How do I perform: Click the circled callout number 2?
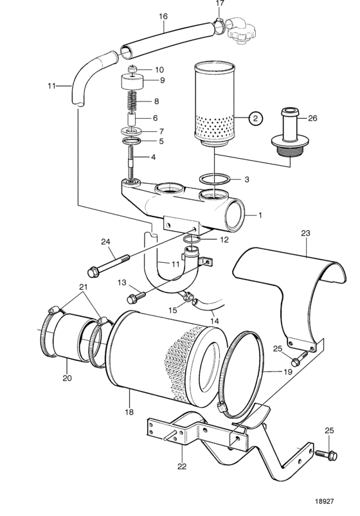256,118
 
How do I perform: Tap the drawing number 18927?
324,501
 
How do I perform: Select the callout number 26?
312,118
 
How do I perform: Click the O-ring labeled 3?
214,180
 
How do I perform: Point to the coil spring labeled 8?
132,100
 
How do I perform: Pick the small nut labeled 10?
132,69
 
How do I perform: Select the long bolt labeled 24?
108,264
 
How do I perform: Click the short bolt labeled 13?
136,296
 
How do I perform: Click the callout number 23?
305,233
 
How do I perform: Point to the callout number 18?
129,412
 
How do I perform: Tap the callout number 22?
182,466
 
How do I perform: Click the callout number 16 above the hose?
163,16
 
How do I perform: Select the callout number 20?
67,378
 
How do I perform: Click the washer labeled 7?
132,130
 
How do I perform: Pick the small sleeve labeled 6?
132,118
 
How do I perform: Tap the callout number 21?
84,287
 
